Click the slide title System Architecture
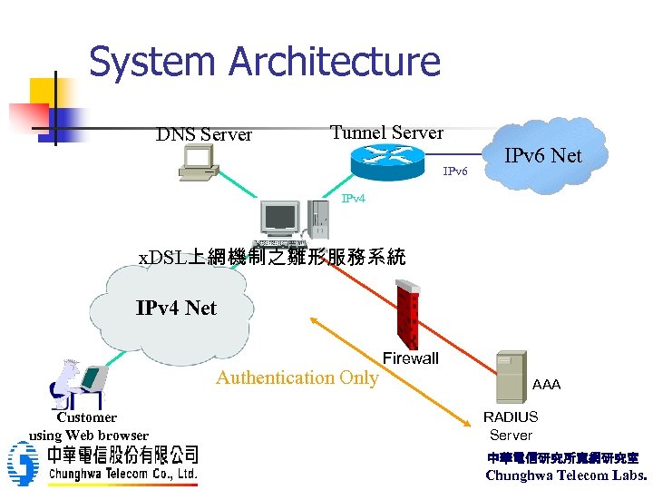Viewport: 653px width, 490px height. point(264,63)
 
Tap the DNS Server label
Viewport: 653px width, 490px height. point(204,135)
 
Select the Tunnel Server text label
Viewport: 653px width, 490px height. point(386,132)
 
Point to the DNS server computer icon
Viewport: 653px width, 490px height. point(199,162)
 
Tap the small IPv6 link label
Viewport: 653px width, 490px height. point(454,171)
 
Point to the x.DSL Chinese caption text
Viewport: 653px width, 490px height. point(271,258)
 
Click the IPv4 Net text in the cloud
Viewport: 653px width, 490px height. point(176,308)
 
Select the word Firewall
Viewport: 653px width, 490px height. point(410,358)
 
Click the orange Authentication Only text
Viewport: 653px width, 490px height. point(297,377)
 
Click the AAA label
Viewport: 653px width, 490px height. point(546,385)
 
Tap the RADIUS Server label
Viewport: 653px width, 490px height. point(510,426)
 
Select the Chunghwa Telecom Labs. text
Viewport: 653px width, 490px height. point(566,474)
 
